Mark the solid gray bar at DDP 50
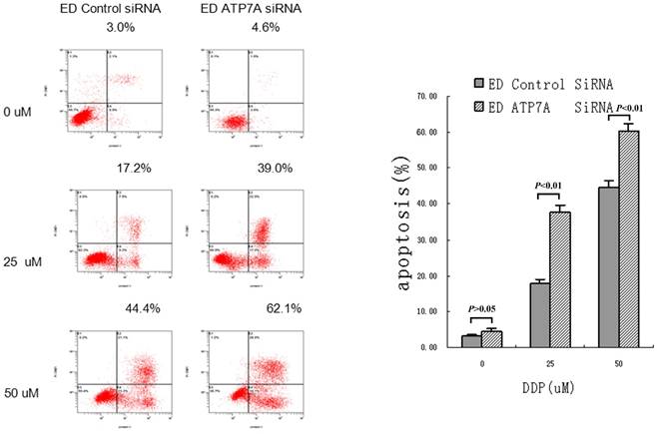click(x=608, y=267)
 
